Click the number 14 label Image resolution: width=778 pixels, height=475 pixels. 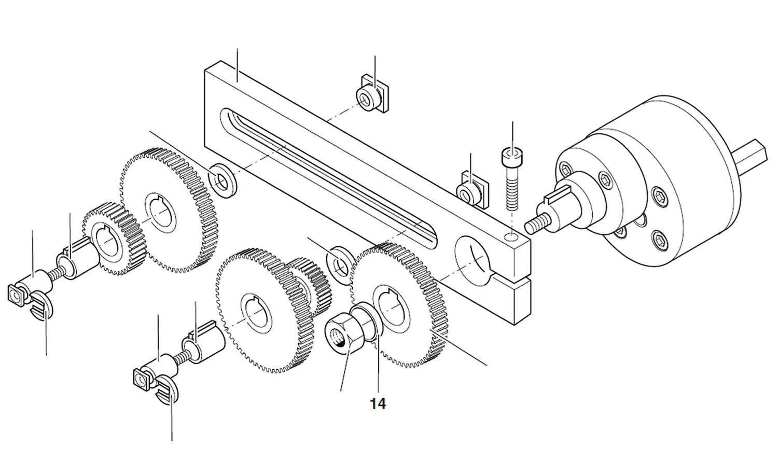pyautogui.click(x=378, y=404)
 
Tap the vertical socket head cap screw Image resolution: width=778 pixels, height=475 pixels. pyautogui.click(x=510, y=178)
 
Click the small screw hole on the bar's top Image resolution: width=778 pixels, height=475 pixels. pyautogui.click(x=512, y=237)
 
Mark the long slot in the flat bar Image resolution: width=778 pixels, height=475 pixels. pyautogui.click(x=327, y=176)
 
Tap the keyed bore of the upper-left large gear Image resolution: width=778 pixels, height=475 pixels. pyautogui.click(x=161, y=213)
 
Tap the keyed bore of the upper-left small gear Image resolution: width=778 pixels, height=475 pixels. pyautogui.click(x=108, y=242)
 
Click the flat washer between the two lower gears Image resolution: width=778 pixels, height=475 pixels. pyautogui.click(x=340, y=262)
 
